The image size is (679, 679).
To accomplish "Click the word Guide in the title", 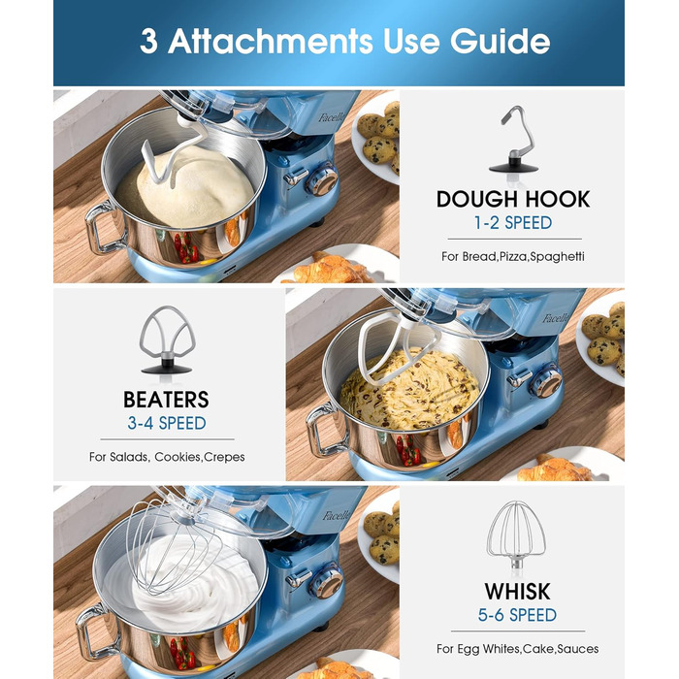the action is (501, 41).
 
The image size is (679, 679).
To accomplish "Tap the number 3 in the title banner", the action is (148, 41).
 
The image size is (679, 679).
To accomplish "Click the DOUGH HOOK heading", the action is (513, 199).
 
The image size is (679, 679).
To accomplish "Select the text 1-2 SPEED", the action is (513, 223).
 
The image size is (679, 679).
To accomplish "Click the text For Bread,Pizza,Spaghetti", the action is (513, 256).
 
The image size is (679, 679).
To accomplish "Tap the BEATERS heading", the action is (166, 400).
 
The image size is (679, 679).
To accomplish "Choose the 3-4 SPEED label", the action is (167, 423).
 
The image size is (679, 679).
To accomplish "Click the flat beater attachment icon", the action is (167, 339).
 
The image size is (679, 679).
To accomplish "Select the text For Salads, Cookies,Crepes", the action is (167, 457).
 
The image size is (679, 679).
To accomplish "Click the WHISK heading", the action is (517, 592).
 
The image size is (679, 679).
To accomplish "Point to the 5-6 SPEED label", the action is (517, 615).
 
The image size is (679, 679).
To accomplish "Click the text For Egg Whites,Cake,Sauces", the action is (517, 649).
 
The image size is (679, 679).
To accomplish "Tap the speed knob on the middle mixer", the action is (546, 381).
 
